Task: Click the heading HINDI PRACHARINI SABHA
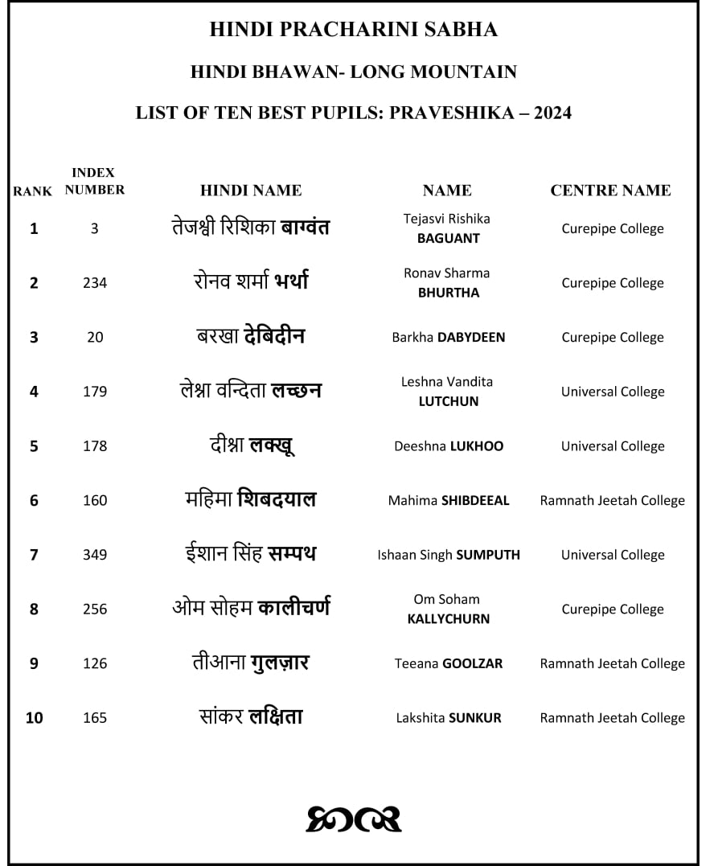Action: click(x=353, y=30)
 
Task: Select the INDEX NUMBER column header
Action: click(x=94, y=181)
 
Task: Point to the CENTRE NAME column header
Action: click(x=610, y=191)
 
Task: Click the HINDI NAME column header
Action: click(x=251, y=191)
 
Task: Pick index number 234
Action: click(x=95, y=283)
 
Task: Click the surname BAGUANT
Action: click(x=448, y=238)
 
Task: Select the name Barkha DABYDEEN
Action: click(x=448, y=338)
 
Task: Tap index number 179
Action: click(x=95, y=392)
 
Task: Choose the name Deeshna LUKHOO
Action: click(x=448, y=446)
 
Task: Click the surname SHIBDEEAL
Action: click(x=475, y=500)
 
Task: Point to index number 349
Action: click(x=95, y=555)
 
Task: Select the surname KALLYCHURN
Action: click(x=448, y=619)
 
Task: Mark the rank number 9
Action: click(x=34, y=663)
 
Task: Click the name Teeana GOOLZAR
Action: click(x=448, y=663)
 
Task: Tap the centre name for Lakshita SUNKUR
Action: click(x=612, y=718)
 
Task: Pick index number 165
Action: click(x=95, y=718)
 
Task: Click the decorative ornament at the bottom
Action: click(x=354, y=818)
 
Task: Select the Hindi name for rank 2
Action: click(x=251, y=282)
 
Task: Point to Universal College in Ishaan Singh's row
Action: click(x=613, y=555)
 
